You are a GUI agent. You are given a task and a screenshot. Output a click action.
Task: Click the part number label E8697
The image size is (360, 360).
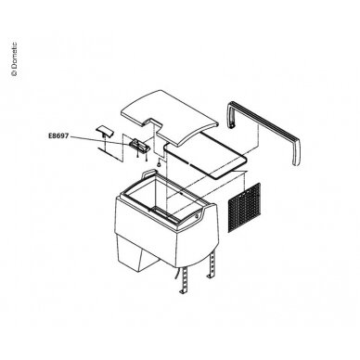click(58, 135)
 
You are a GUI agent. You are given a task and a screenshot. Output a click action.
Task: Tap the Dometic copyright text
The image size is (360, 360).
click(14, 59)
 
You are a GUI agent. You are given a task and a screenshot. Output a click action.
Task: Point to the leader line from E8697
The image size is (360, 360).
click(100, 140)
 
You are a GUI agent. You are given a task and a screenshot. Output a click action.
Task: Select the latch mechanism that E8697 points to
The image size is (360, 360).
click(139, 145)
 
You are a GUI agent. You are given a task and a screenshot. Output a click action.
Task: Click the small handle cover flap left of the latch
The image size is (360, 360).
click(105, 131)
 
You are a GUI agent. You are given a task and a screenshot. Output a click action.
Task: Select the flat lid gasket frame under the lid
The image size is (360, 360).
click(205, 155)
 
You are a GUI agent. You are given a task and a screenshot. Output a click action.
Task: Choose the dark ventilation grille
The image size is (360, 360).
click(244, 208)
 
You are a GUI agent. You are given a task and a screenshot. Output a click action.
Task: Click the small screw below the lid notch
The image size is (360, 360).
click(159, 163)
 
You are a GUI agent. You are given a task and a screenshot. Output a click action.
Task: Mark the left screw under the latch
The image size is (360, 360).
click(137, 157)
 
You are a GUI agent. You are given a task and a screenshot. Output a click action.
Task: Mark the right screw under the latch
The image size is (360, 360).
click(146, 158)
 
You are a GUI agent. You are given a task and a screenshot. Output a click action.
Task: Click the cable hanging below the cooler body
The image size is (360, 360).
click(176, 274)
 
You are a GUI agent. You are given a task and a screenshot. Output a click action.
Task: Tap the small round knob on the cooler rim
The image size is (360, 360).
click(198, 216)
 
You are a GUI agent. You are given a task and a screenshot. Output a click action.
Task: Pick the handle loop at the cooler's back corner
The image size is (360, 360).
click(148, 173)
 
